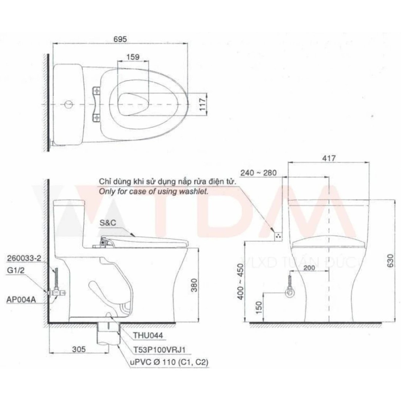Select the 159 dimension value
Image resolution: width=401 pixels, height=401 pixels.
[x=133, y=57]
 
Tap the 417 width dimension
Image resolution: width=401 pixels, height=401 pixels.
[x=329, y=159]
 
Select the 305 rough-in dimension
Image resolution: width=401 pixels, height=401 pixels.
[x=79, y=349]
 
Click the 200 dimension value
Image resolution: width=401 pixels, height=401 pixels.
[x=309, y=268]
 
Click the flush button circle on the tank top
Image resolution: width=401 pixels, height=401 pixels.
[x=68, y=104]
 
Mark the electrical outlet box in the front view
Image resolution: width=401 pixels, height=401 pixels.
[x=278, y=235]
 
